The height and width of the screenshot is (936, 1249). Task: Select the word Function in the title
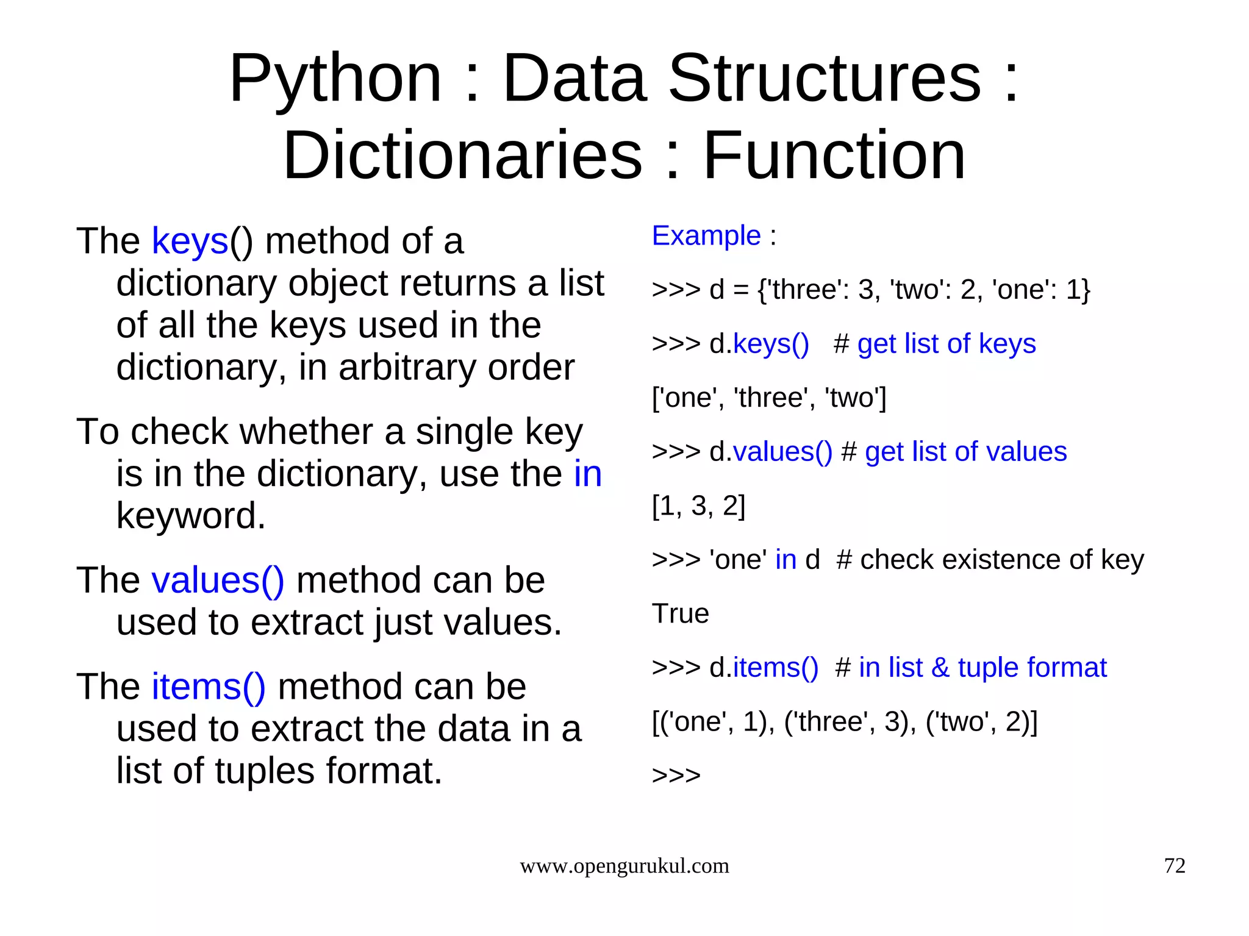tap(834, 155)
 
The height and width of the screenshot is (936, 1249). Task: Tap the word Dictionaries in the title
tap(462, 155)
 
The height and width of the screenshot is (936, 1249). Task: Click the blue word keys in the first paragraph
tap(190, 241)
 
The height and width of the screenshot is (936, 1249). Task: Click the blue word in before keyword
tap(587, 474)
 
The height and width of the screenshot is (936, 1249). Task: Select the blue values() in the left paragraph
tap(218, 580)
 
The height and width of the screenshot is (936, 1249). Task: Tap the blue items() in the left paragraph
tap(209, 687)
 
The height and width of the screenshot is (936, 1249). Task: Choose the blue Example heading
tap(706, 236)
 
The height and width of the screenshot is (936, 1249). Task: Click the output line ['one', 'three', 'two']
tap(768, 398)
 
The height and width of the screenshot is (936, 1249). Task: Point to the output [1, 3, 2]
tap(698, 506)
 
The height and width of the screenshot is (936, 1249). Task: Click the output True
tap(680, 613)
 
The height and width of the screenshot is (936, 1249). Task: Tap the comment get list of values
tap(965, 452)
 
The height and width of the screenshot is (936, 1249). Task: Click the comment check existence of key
tap(1001, 560)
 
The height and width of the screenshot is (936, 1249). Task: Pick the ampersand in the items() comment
tap(940, 668)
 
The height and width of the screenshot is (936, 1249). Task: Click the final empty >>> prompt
tap(676, 776)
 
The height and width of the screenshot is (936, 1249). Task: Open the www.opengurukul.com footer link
tap(624, 866)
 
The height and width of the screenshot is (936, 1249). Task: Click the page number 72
tap(1175, 866)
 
